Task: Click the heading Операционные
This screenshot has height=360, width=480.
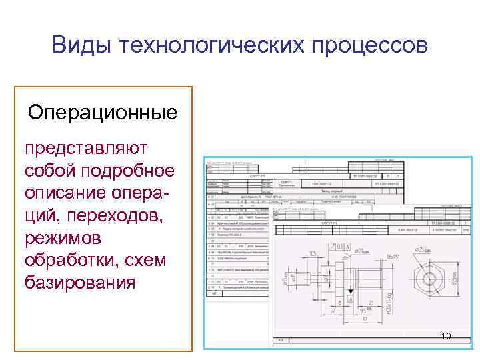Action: click(103, 111)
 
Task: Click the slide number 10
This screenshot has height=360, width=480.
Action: click(446, 336)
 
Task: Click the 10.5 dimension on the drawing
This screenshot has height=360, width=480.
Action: click(313, 253)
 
